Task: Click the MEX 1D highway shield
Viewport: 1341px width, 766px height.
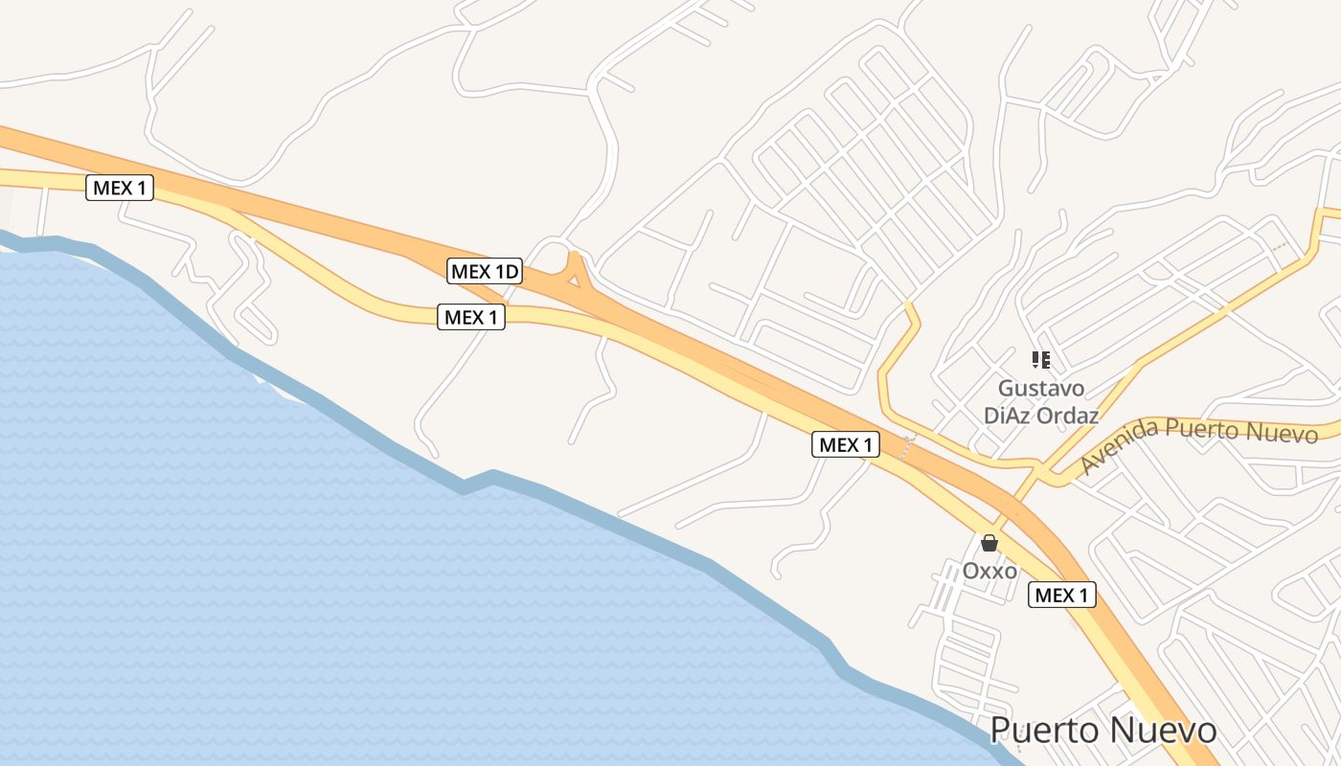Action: (x=485, y=271)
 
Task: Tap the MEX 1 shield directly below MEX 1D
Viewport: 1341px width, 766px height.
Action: (x=471, y=317)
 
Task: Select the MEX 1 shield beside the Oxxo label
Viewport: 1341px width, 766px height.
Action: (x=1061, y=595)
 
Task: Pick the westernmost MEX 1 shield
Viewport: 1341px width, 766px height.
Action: (x=120, y=188)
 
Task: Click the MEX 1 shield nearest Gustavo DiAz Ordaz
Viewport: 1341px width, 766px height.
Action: (x=846, y=444)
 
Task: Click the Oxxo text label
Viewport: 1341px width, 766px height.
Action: (x=989, y=571)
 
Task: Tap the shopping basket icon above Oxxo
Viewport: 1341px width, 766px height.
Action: (x=989, y=543)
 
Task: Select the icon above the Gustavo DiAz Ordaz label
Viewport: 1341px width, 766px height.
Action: (x=1040, y=360)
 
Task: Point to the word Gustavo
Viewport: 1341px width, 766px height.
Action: (x=1041, y=389)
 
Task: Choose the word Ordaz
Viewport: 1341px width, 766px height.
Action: (x=1070, y=416)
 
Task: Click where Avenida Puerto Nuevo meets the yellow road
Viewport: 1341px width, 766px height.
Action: (x=1052, y=472)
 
